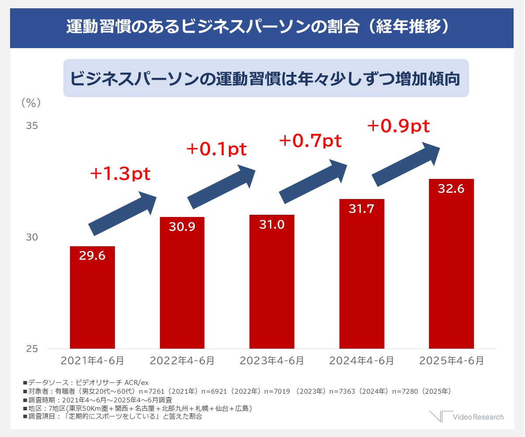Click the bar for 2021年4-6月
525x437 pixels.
tap(92, 297)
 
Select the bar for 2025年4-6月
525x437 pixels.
tap(452, 264)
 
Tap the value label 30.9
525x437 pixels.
tap(182, 227)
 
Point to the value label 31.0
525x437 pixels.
tap(272, 224)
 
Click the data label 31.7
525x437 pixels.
tap(362, 209)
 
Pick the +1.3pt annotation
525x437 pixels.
tap(120, 174)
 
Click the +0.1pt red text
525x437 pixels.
tap(217, 149)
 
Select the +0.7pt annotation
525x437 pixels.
tap(310, 140)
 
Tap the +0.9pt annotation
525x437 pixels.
tap(398, 126)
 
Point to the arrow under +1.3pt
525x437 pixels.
tap(122, 213)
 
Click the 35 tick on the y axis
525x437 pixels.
tap(32, 126)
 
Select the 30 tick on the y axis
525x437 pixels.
tap(32, 237)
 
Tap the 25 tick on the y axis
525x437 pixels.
tap(32, 349)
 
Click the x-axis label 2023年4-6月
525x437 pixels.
tap(272, 361)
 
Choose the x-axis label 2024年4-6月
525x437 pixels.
tap(362, 361)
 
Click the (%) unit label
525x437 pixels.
tap(31, 103)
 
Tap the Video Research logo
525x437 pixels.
tap(466, 417)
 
